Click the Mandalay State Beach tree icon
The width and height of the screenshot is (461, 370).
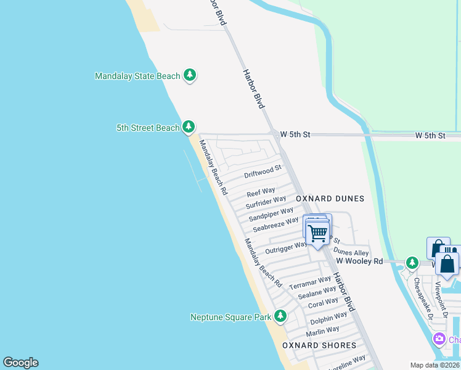click(x=190, y=76)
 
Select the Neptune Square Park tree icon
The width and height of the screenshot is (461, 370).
click(x=280, y=317)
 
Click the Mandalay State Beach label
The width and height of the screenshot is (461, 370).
click(x=137, y=76)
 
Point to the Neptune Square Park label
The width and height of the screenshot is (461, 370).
click(x=230, y=317)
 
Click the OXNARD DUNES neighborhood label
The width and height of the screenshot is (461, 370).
click(x=330, y=199)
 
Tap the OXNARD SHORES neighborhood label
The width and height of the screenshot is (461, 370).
click(x=319, y=345)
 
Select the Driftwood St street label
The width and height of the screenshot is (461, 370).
click(x=263, y=171)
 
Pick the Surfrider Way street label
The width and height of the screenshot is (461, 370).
click(x=266, y=202)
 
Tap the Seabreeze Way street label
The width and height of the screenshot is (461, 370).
click(x=275, y=224)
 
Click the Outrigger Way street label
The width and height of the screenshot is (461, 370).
click(x=286, y=248)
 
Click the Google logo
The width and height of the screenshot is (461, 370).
click(x=20, y=363)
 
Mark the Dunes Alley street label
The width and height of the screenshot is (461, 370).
click(x=351, y=252)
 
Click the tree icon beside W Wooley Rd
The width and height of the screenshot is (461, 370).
click(x=412, y=263)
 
